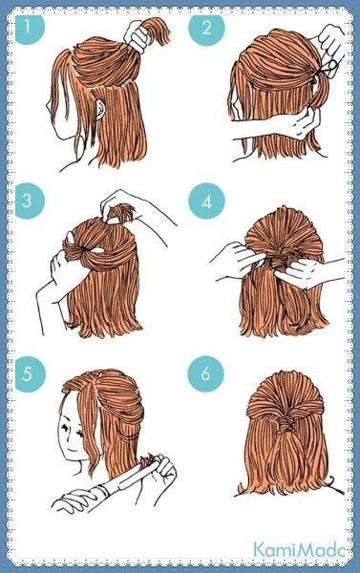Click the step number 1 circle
click(x=29, y=27)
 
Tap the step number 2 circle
click(x=206, y=28)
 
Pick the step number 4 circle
click(x=206, y=202)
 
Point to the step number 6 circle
click(x=205, y=374)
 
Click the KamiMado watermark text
click(x=299, y=550)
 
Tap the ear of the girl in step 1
click(x=99, y=109)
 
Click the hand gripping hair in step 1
click(x=137, y=35)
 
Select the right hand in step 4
click(x=300, y=272)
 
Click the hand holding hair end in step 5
click(x=163, y=469)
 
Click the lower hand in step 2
click(x=303, y=124)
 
